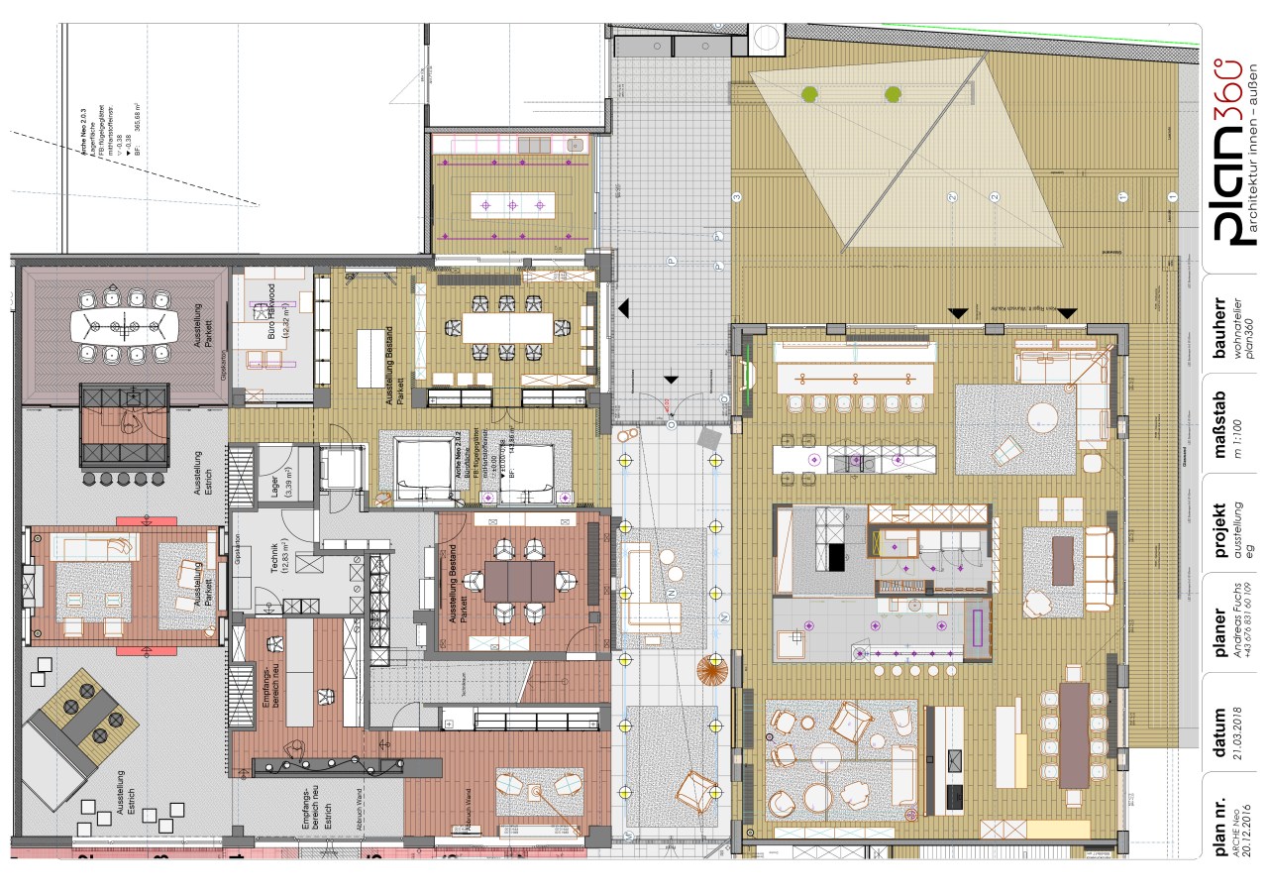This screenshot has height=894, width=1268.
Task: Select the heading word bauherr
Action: point(1220,327)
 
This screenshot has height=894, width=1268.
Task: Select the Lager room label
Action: point(274,482)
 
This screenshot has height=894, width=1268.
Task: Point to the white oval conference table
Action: point(124,325)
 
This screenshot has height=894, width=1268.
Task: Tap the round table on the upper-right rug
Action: point(1042,415)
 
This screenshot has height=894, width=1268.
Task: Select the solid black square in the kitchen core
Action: point(835,557)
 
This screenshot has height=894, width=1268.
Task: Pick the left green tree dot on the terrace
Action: point(809,95)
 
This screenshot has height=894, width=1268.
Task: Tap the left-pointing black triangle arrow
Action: point(624,309)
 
